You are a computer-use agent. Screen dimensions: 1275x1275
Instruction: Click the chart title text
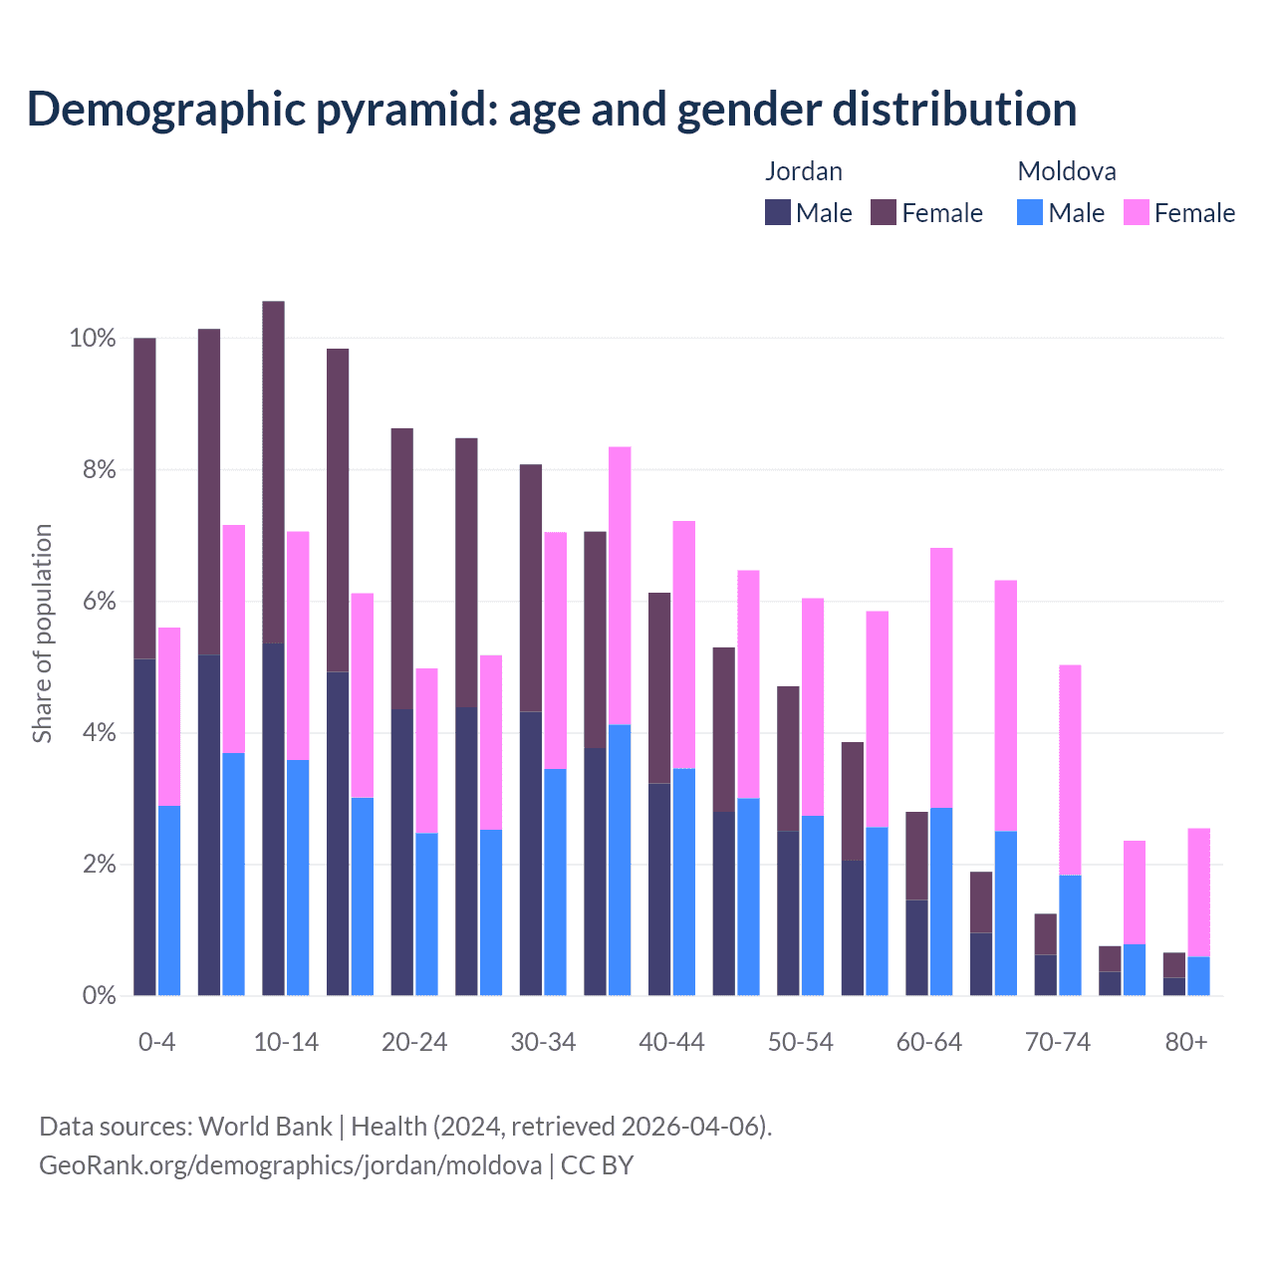(551, 110)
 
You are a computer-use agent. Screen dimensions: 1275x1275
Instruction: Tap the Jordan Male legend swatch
(778, 212)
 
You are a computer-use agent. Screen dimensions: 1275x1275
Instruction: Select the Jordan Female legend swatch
(884, 212)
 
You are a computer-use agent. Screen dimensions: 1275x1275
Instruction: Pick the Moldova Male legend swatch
(1030, 212)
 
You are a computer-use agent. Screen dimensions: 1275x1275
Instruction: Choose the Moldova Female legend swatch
(1137, 212)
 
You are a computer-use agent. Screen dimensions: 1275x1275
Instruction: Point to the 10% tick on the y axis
(93, 339)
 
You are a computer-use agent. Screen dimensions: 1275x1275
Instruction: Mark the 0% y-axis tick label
(99, 995)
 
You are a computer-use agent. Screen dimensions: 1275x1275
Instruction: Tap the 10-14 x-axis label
(286, 1042)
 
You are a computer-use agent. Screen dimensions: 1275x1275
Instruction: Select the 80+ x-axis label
(1186, 1042)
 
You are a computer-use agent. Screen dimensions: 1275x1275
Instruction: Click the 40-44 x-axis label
(671, 1042)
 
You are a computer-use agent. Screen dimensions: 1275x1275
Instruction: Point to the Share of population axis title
(42, 634)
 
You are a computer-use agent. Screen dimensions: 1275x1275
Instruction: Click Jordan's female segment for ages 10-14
(273, 472)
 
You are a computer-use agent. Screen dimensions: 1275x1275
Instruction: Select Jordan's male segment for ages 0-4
(144, 827)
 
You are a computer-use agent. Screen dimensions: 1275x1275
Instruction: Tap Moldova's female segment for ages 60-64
(941, 677)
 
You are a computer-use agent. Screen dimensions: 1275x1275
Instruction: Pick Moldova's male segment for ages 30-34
(555, 882)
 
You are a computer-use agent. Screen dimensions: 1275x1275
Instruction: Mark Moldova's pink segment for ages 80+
(1198, 892)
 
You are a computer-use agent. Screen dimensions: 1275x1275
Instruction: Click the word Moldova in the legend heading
(1066, 171)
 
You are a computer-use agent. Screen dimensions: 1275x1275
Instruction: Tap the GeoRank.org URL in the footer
(290, 1164)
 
